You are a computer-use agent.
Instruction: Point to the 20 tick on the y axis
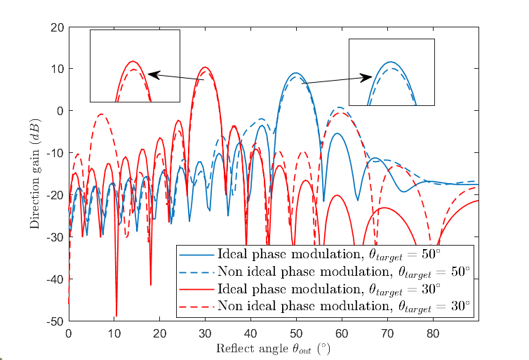click(x=56, y=27)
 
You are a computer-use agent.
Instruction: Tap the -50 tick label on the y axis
click(x=54, y=322)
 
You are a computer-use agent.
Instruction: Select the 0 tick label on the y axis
click(x=60, y=112)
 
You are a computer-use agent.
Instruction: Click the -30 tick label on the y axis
click(x=54, y=238)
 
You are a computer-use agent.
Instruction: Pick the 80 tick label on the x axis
click(x=433, y=334)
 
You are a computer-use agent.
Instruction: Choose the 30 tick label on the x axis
click(x=205, y=334)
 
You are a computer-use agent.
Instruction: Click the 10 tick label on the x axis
click(x=114, y=334)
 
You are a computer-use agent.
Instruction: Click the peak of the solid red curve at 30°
click(x=205, y=67)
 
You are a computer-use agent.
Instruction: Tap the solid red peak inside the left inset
click(x=133, y=61)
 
